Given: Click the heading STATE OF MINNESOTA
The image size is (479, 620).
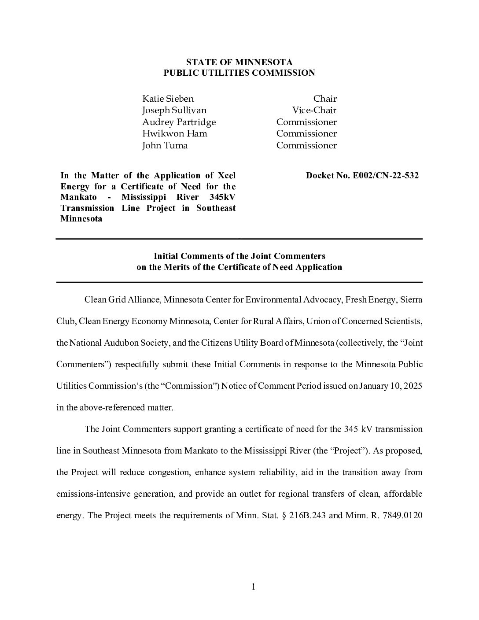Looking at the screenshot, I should point(239,62).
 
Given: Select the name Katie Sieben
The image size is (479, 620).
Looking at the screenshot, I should point(168,99).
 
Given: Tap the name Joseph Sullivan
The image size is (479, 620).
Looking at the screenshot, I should point(174,110).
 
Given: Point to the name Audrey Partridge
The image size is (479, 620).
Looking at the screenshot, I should point(179,122).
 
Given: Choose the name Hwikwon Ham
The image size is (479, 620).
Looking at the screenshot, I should point(174,133).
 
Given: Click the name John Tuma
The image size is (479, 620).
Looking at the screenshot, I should point(165,145).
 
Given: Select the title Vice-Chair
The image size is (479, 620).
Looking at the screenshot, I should point(314,110).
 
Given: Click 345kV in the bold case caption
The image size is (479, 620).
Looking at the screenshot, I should point(222,197).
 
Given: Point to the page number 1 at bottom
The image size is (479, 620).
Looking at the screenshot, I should point(254,587).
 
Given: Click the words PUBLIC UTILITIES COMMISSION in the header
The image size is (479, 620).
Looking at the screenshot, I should point(239,73).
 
